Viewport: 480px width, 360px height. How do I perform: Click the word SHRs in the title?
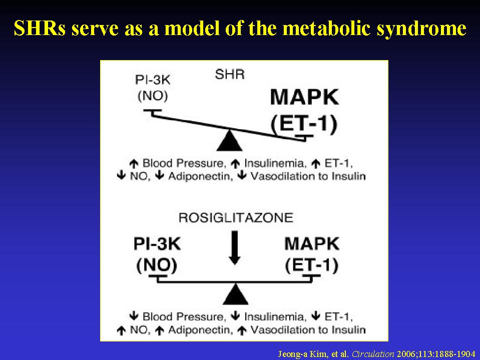(x=40, y=28)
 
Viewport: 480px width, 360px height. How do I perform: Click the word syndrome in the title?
(x=421, y=29)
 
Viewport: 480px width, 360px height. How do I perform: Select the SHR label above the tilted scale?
(x=230, y=75)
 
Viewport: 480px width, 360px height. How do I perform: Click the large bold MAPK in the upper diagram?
(x=305, y=97)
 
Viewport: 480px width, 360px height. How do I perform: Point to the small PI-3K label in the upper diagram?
(x=153, y=80)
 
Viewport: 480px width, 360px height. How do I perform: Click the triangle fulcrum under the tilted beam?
(x=229, y=141)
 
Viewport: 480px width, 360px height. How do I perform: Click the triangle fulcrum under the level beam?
(x=235, y=294)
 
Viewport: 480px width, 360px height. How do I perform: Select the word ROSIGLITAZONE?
(x=236, y=218)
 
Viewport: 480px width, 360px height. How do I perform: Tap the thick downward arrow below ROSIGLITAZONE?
(x=234, y=248)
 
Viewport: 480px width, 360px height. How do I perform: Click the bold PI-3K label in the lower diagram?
(x=157, y=244)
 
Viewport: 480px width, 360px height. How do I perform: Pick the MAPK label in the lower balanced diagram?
(x=312, y=244)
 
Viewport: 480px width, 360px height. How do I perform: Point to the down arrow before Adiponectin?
(x=160, y=176)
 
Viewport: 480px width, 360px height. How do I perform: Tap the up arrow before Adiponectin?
(x=160, y=330)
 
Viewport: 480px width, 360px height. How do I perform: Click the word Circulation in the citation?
(x=373, y=354)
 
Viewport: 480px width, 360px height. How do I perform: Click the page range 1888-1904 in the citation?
(x=456, y=354)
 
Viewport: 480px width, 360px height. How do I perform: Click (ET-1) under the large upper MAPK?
(x=304, y=124)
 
